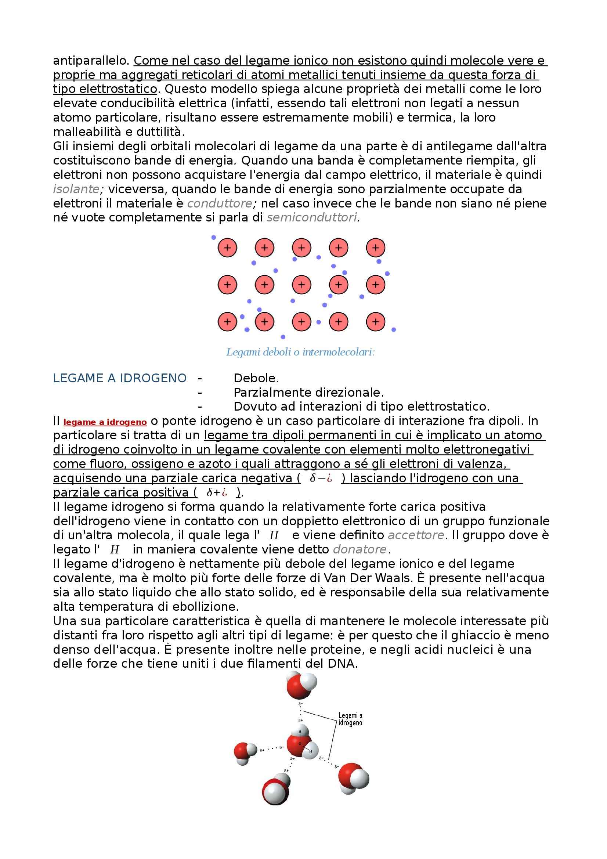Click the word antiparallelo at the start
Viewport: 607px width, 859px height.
coord(91,61)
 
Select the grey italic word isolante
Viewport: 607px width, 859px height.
coord(76,189)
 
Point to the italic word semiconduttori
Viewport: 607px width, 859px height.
coord(311,217)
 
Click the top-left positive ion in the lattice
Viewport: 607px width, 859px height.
coord(227,248)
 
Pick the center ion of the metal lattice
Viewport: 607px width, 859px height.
coord(301,285)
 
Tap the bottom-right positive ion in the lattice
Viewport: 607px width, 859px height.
coord(376,322)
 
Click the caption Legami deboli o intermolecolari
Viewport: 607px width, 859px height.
coord(300,352)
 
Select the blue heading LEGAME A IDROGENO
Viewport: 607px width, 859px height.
coord(120,378)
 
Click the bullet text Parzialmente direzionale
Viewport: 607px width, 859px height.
coord(308,393)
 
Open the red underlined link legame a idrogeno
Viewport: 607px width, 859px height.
coord(105,422)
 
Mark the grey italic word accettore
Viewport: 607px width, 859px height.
coord(416,535)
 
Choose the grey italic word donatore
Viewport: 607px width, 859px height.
coord(359,550)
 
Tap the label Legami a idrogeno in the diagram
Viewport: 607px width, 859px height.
coord(350,719)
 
